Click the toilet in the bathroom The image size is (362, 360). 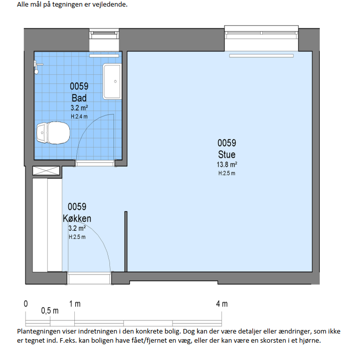tap(53, 133)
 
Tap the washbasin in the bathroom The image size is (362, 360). tap(112, 81)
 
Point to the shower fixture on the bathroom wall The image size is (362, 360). tap(37, 67)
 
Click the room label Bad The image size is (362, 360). tap(79, 98)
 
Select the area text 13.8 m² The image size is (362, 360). tap(227, 164)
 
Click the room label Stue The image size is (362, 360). tap(227, 154)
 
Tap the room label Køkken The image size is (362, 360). tap(77, 218)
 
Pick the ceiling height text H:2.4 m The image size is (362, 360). tap(79, 116)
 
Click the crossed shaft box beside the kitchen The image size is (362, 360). tap(46, 171)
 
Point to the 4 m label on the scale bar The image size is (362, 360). tap(222, 304)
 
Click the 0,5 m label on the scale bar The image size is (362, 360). tap(50, 311)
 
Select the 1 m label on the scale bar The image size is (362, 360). tap(75, 304)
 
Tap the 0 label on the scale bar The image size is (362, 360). tap(25, 304)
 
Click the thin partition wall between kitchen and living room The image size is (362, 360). tap(126, 242)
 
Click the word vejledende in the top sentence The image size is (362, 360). tap(110, 5)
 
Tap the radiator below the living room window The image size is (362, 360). tap(261, 56)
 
